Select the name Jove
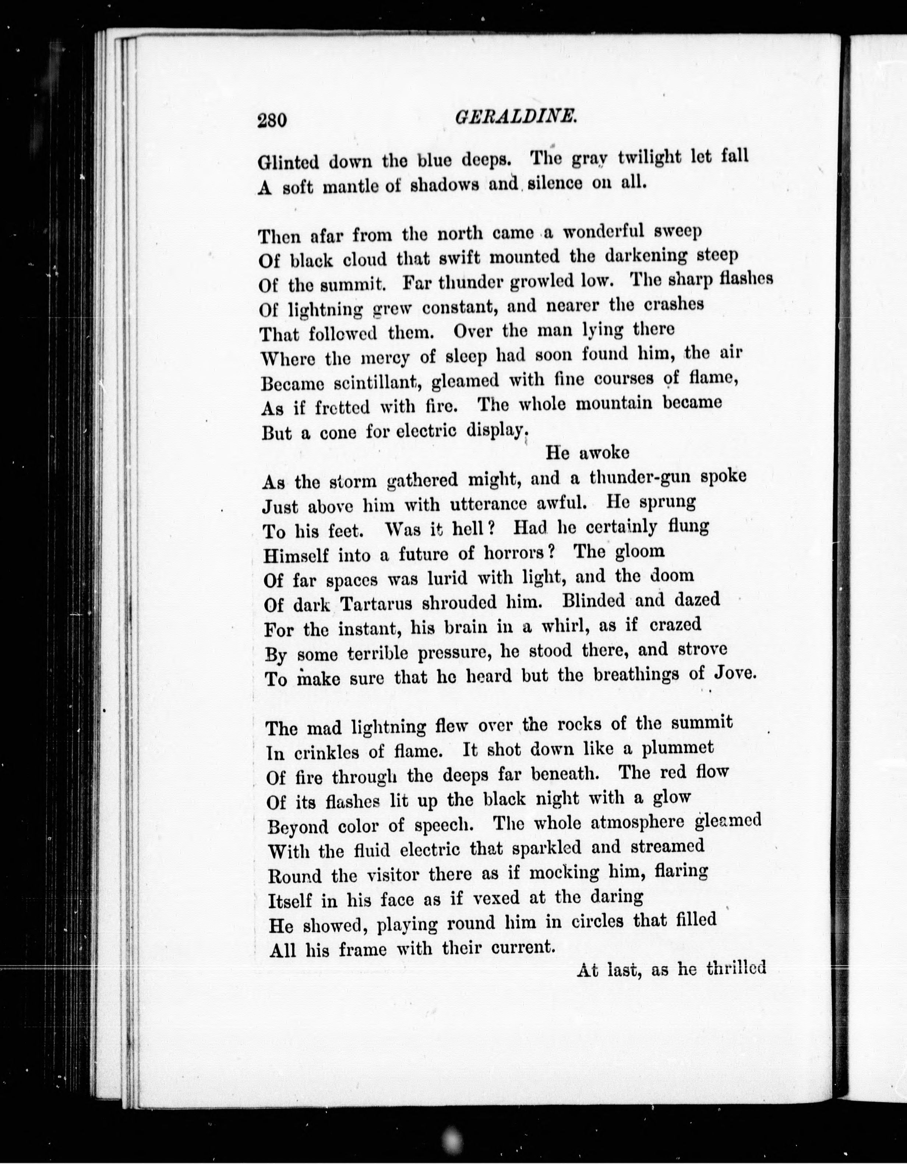coord(734,674)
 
